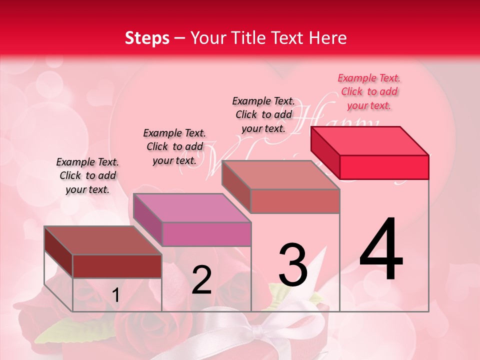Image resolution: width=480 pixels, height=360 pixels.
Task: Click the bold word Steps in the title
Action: tap(147, 38)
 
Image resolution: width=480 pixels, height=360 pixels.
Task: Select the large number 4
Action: tap(381, 250)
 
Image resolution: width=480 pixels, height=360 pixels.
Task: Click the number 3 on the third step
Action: tap(293, 265)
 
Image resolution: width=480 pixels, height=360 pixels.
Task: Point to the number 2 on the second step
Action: tap(201, 280)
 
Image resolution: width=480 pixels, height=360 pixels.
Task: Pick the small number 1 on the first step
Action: tap(115, 295)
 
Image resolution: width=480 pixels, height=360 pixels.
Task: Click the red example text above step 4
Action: tap(369, 92)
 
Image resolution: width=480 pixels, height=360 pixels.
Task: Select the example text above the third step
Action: tap(263, 114)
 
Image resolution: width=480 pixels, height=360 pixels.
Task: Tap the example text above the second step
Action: tap(174, 147)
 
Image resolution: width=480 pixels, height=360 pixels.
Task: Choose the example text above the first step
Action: tap(87, 176)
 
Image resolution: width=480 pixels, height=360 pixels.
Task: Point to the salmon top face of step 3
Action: tap(280, 174)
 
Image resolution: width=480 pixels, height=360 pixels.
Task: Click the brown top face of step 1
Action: tap(102, 240)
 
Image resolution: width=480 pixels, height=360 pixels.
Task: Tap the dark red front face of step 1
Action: tap(117, 266)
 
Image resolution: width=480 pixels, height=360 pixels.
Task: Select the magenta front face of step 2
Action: tap(206, 234)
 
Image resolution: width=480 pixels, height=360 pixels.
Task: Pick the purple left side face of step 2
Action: tap(147, 220)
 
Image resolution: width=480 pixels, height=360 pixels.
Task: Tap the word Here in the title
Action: tap(329, 38)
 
